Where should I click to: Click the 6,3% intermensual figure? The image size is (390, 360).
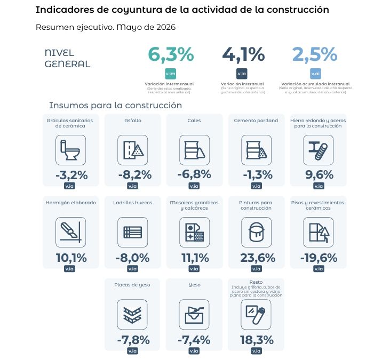coord(171,54)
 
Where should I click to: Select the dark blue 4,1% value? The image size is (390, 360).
coord(243,54)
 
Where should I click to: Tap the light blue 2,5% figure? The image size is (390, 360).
coord(315,54)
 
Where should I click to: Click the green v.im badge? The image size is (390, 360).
coord(171,74)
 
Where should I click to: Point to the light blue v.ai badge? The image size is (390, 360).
coord(315,74)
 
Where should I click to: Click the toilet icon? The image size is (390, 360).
coord(70,150)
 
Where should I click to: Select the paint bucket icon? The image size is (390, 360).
coord(257,232)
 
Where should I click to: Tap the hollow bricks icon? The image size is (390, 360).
coord(132,232)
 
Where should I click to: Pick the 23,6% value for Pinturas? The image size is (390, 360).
coord(258,258)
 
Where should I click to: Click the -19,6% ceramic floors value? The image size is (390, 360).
coord(319,258)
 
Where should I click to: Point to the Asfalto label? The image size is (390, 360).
coord(133,121)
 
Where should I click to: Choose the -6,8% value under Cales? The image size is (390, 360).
coord(194,174)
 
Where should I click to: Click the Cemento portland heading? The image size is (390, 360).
coord(256,121)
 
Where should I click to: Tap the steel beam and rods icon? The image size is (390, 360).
coord(319,150)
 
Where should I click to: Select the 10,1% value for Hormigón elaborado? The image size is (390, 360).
coord(71,258)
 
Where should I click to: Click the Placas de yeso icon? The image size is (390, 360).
coord(132,315)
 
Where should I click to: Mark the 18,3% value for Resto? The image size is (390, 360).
coord(257,340)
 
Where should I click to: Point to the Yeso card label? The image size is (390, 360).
coord(195,285)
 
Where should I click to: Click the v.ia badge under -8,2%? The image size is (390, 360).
coord(132,186)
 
